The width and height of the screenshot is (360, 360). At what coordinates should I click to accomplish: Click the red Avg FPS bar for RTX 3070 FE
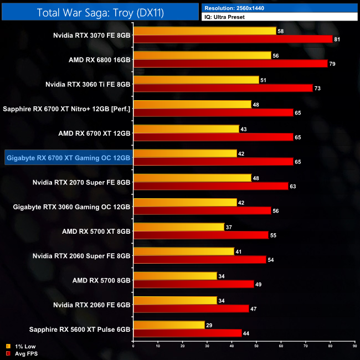pyautogui.click(x=233, y=39)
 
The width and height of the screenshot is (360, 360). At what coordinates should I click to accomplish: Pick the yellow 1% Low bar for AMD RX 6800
pyautogui.click(x=202, y=55)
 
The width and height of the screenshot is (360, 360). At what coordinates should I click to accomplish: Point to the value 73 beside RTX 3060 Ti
pyautogui.click(x=318, y=88)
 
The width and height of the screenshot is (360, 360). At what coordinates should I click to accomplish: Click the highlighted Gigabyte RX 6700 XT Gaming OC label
pyautogui.click(x=69, y=157)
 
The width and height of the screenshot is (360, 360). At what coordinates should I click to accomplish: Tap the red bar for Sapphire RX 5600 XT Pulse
pyautogui.click(x=188, y=332)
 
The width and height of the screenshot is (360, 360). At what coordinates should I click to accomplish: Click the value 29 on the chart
pyautogui.click(x=209, y=325)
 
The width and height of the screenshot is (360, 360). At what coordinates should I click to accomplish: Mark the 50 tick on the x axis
pyautogui.click(x=256, y=346)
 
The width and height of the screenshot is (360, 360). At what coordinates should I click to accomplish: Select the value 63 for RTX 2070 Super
pyautogui.click(x=293, y=186)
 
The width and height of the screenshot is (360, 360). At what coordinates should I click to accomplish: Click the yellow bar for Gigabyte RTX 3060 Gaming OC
pyautogui.click(x=185, y=202)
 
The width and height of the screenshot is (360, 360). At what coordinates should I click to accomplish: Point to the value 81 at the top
pyautogui.click(x=337, y=39)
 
